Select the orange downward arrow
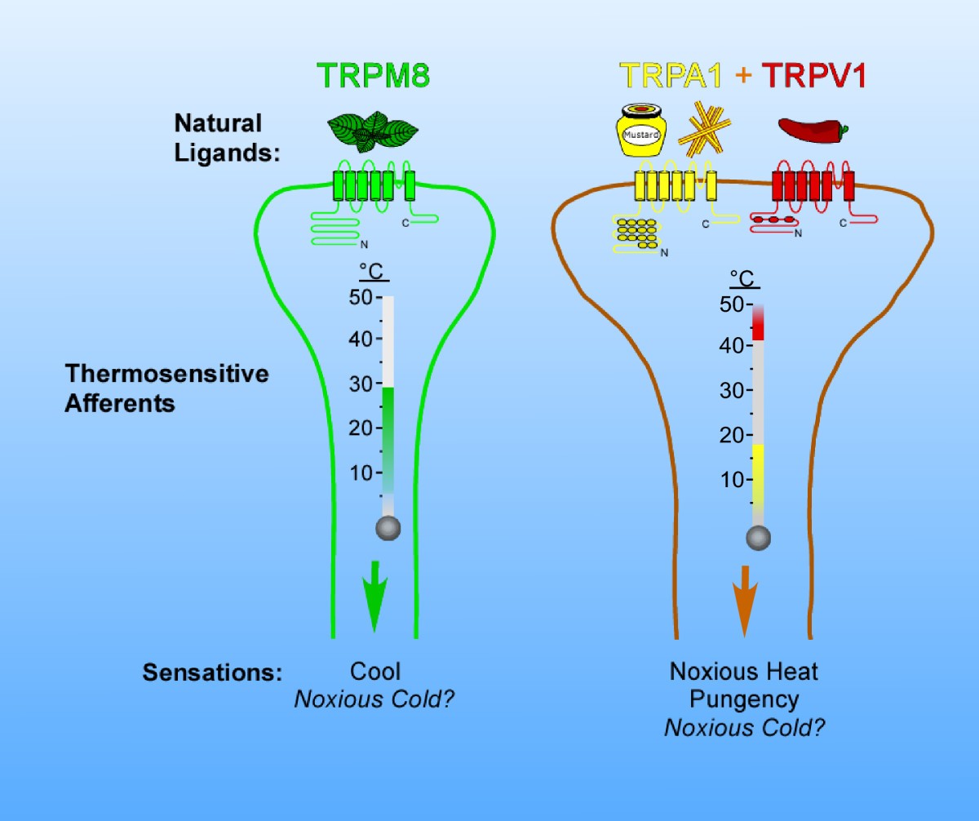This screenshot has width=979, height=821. pyautogui.click(x=744, y=600)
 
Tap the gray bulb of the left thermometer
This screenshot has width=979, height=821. pyautogui.click(x=388, y=528)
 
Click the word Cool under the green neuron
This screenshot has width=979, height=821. pyautogui.click(x=375, y=672)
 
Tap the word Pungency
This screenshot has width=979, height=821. pyautogui.click(x=743, y=699)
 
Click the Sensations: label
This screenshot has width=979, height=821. pyautogui.click(x=212, y=674)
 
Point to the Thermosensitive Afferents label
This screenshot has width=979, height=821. pyautogui.click(x=166, y=388)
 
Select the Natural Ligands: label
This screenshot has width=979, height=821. pyautogui.click(x=225, y=137)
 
